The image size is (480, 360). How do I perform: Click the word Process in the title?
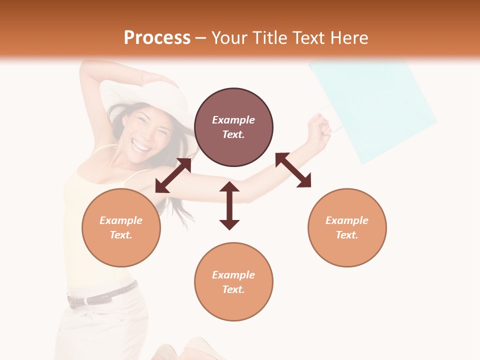click(157, 38)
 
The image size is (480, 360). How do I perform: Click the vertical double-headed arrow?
click(229, 205)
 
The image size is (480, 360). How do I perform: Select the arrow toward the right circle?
click(293, 170)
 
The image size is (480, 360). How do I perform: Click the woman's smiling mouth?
click(141, 146)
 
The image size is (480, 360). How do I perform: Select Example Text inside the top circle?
click(233, 127)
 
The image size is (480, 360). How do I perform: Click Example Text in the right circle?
click(347, 227)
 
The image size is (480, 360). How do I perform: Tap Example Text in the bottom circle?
click(233, 282)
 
